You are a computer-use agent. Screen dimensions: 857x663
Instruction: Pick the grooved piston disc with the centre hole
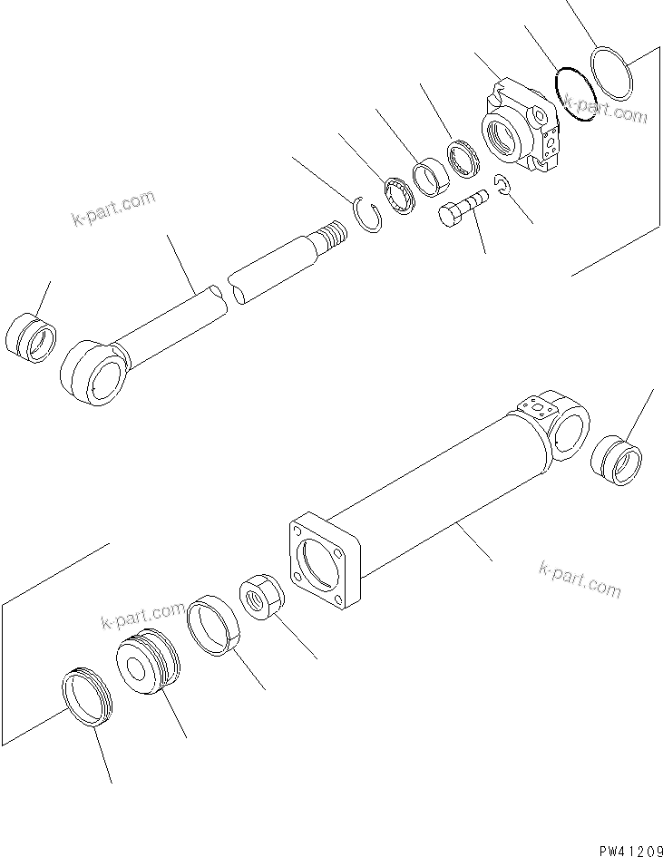pyautogui.click(x=147, y=666)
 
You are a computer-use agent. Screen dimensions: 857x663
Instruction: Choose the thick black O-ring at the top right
pyautogui.click(x=574, y=93)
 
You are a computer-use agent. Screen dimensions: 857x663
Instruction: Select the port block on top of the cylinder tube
pyautogui.click(x=535, y=405)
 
